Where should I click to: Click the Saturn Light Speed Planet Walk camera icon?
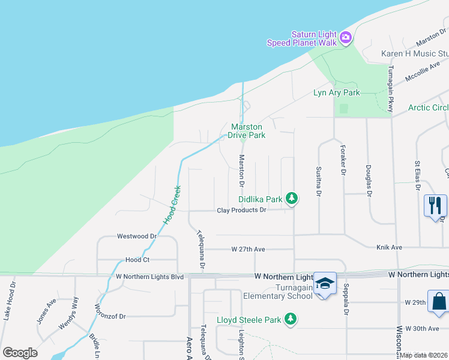[x=345, y=38]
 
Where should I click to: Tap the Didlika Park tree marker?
[x=292, y=198]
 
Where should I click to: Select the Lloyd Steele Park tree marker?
[x=291, y=319]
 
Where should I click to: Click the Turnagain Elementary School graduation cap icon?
[x=325, y=283]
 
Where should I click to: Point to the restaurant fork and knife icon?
[x=435, y=205]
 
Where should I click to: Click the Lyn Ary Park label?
[x=337, y=92]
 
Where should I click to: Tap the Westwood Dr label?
[x=137, y=236]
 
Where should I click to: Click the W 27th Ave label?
[x=248, y=248]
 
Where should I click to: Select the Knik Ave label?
[x=389, y=247]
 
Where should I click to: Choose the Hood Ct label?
[x=137, y=260]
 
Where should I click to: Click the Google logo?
[x=20, y=353]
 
